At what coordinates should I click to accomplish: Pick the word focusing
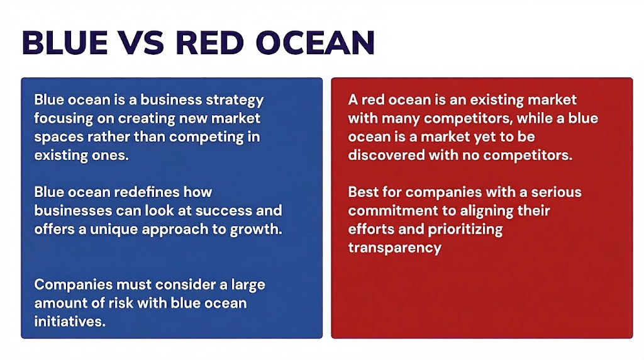62,118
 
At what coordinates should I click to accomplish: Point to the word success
233,210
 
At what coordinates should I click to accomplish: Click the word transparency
394,247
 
